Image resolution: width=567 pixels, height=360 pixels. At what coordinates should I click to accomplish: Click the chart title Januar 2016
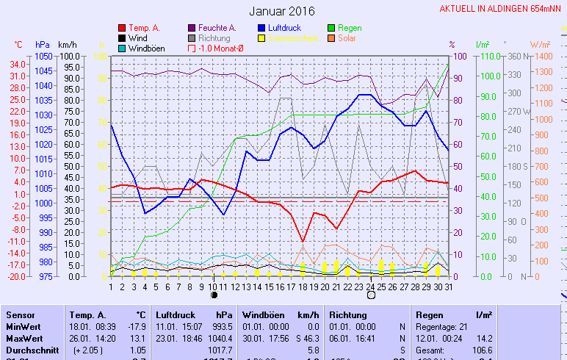click(281, 11)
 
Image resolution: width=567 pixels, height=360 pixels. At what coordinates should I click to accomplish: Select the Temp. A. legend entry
click(143, 28)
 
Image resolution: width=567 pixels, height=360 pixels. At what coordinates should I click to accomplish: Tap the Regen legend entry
click(350, 28)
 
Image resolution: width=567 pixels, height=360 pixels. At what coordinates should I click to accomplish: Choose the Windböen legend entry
click(146, 48)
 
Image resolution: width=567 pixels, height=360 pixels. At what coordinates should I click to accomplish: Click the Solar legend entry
click(347, 38)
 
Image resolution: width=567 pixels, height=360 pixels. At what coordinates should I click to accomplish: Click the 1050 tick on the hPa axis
click(43, 57)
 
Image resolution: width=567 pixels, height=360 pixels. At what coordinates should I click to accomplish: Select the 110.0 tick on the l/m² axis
click(490, 57)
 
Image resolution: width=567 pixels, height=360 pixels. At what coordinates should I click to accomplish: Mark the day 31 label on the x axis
click(448, 286)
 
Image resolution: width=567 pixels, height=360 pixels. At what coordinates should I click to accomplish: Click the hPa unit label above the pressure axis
click(43, 45)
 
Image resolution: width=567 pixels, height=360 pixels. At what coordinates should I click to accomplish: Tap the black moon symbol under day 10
click(214, 295)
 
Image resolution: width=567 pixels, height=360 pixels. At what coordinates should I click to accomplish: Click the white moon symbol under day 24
click(371, 295)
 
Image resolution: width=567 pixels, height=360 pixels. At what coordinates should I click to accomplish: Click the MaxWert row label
click(23, 338)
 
